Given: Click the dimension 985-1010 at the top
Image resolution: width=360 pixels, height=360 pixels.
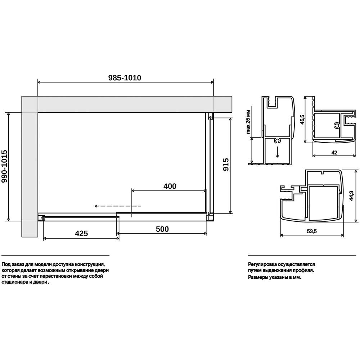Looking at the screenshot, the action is coord(125,78).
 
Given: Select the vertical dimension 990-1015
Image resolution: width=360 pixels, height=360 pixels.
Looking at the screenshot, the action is coord(4,166).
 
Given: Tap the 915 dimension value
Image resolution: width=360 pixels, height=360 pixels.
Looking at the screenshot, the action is coord(226,164).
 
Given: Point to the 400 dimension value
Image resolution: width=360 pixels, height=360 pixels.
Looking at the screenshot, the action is coord(170,186).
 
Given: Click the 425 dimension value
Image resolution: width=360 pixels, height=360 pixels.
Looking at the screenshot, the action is coord(81,233).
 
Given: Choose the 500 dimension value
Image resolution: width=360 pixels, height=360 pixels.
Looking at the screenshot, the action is coord(162,229).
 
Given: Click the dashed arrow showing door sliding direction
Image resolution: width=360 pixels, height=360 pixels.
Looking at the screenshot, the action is coord(118,206).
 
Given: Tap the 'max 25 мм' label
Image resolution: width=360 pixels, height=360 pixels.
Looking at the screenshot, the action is coord(248,122).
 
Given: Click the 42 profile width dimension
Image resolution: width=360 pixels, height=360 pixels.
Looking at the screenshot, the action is coord(334,152).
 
